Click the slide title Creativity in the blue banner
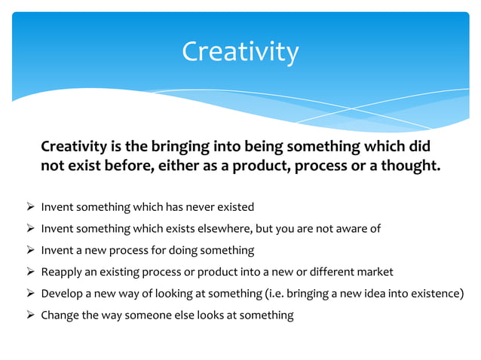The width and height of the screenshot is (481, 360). pyautogui.click(x=240, y=52)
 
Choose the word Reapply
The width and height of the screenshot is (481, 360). pyautogui.click(x=61, y=272)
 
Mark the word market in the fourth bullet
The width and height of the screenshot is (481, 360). pyautogui.click(x=375, y=272)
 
